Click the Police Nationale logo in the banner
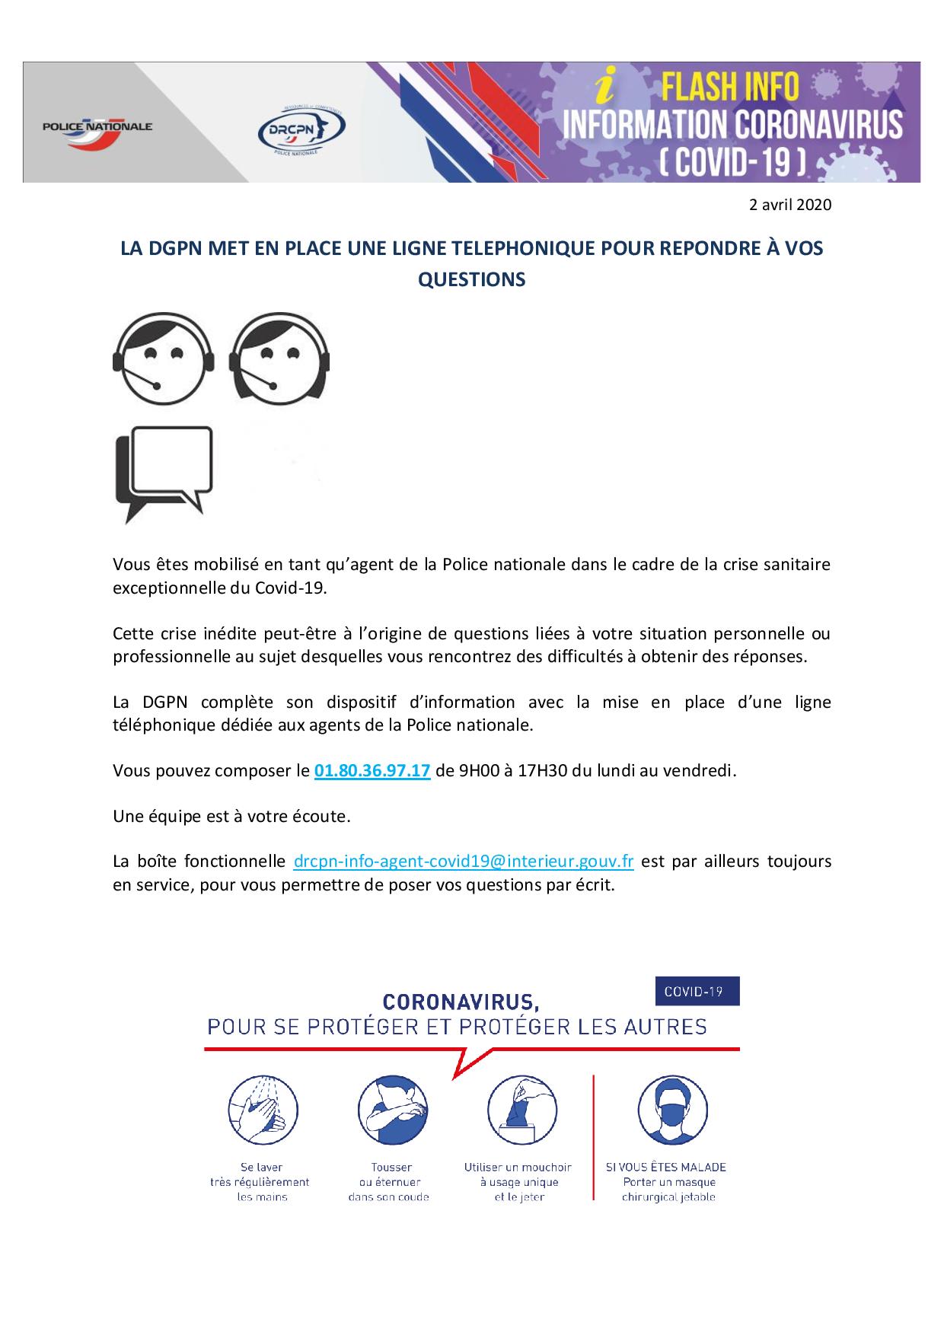[97, 126]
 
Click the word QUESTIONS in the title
[472, 279]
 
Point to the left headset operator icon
[163, 358]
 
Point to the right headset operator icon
[279, 358]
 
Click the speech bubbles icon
[164, 473]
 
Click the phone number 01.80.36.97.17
[372, 770]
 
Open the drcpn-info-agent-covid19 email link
[464, 862]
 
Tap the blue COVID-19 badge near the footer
[697, 991]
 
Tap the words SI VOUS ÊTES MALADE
[666, 1167]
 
